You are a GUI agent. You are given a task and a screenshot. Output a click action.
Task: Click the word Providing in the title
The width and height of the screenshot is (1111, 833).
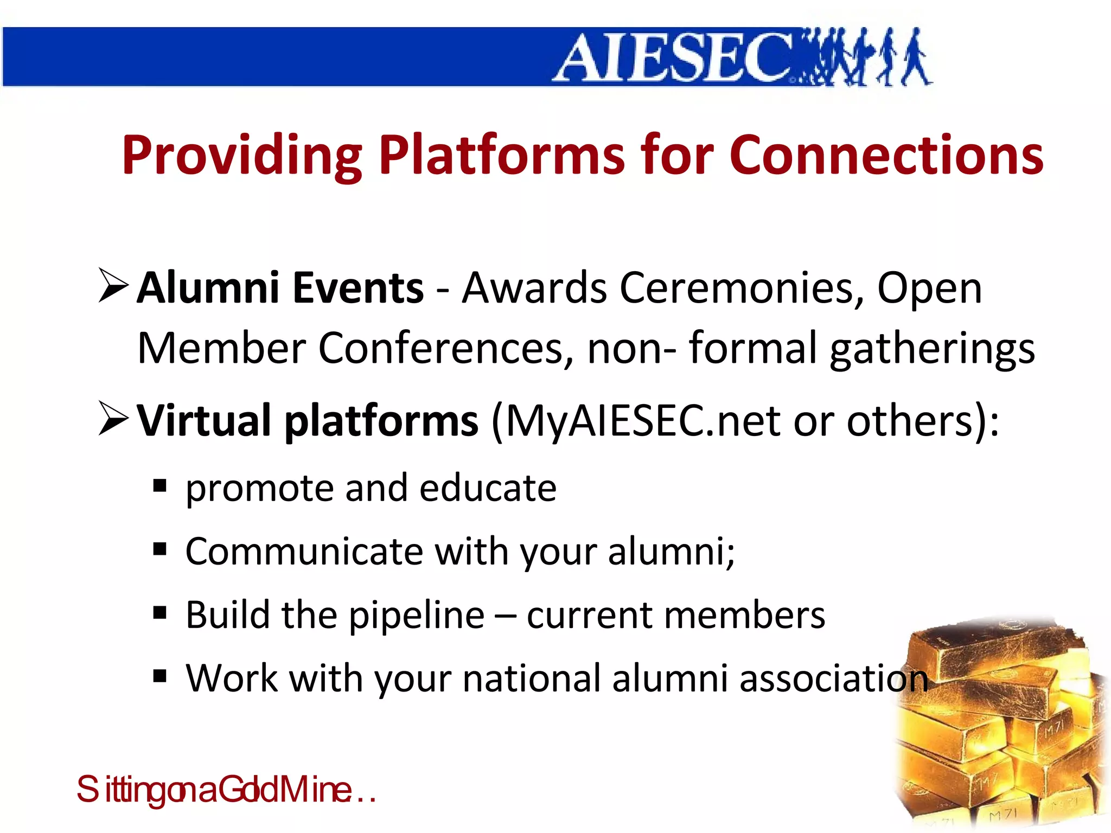[x=241, y=156]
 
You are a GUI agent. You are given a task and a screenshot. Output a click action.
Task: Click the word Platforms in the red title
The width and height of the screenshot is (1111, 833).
[x=502, y=156]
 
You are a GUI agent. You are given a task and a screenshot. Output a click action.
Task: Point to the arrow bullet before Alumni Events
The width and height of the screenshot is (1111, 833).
[x=113, y=286]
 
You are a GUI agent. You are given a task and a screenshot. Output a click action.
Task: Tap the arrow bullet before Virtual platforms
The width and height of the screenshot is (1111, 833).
[x=113, y=419]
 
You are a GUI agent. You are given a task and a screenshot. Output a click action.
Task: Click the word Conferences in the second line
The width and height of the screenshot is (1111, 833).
[x=445, y=348]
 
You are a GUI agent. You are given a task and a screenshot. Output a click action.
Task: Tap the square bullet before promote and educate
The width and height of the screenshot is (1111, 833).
[x=159, y=485]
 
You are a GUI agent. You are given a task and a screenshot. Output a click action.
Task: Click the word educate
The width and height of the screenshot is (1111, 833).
[x=488, y=488]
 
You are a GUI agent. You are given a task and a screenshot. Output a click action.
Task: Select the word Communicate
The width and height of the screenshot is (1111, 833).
[x=304, y=552]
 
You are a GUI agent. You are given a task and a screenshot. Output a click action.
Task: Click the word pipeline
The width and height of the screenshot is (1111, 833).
[x=416, y=616]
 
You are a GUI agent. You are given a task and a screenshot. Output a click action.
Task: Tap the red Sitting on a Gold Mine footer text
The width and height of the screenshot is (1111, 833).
[x=225, y=790]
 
